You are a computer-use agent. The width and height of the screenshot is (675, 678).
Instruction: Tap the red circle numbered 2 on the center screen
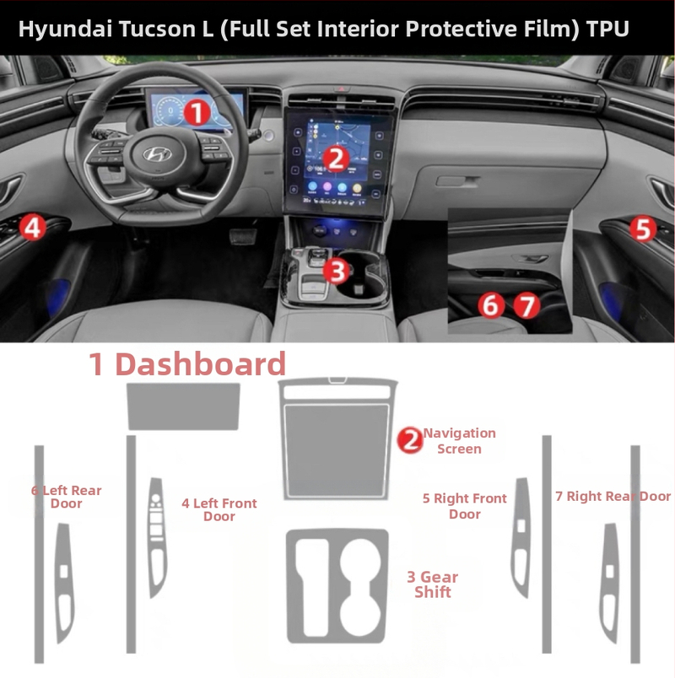335,157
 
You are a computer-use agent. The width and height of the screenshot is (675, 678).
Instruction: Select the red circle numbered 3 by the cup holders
336,271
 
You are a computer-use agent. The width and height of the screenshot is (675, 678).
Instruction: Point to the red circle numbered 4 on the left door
31,226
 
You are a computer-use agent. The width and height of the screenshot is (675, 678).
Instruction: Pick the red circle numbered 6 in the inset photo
490,304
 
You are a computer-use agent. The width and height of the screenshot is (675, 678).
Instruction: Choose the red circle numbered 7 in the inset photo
526,304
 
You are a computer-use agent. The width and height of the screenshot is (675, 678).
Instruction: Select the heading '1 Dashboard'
187,364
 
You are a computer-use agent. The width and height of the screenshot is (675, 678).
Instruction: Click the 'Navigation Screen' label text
459,440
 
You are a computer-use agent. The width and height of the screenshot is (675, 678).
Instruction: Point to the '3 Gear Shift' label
432,584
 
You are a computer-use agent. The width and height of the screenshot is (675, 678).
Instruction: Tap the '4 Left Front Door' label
219,509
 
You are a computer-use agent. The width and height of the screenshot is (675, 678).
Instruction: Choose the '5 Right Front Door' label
464,506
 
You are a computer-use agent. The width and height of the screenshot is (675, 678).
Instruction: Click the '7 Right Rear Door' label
613,496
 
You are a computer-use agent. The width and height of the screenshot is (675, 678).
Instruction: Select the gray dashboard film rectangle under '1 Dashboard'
182,406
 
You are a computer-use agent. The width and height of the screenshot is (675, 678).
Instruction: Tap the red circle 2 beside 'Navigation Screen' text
410,439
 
